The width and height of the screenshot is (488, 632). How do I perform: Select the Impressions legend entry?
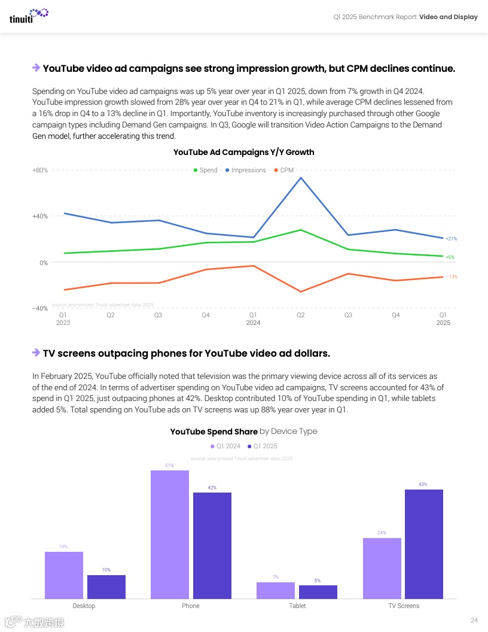pos(245,171)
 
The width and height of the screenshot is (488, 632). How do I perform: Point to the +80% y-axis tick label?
pos(40,171)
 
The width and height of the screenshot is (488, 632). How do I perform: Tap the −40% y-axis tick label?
pos(39,308)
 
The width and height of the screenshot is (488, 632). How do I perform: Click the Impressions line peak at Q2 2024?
pos(300,177)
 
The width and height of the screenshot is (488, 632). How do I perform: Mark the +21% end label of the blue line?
pos(451,239)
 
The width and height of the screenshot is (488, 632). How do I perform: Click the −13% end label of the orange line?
pos(452,276)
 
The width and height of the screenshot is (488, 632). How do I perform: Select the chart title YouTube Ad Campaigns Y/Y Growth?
pos(243,152)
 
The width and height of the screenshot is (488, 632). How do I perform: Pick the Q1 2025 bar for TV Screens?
pos(424,543)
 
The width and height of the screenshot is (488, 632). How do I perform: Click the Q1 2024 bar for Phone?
pos(170,534)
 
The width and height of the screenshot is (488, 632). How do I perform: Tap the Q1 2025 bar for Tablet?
pos(318,591)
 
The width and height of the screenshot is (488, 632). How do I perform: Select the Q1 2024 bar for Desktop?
pos(64,575)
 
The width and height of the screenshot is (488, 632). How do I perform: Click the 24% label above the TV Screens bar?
pos(382,533)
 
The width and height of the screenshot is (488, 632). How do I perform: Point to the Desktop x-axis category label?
pos(84,606)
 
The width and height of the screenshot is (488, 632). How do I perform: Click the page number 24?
pos(474,620)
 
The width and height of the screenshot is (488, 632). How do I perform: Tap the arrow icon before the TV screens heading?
pos(36,353)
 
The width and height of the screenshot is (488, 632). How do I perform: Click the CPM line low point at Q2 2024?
pos(300,292)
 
